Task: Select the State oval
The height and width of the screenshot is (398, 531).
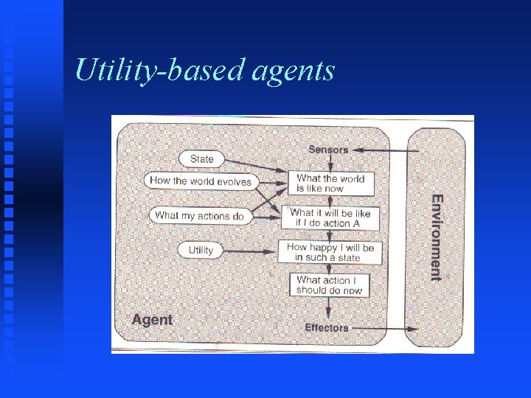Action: coord(201,158)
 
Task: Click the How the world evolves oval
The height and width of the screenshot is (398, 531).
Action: coord(200,181)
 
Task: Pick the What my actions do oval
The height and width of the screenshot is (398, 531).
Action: coord(199,216)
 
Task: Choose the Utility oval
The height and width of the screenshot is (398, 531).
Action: coord(200,250)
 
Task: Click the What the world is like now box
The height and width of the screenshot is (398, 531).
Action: coord(330,184)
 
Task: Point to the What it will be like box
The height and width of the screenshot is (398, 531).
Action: coord(330,217)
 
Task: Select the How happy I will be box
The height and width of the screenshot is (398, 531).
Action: coord(330,252)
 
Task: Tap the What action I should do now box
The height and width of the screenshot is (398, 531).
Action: coord(330,285)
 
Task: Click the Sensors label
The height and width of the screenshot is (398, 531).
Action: coord(328,150)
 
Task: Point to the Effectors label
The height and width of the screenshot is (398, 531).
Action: coord(327,328)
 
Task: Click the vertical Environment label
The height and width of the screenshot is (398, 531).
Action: coord(437,237)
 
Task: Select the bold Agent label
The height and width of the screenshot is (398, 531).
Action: coord(152,320)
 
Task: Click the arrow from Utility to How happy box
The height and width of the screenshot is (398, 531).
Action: coord(251,251)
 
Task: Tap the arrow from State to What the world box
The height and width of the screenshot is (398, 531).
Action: coord(254,165)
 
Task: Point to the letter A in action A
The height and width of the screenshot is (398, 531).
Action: coord(356,223)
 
